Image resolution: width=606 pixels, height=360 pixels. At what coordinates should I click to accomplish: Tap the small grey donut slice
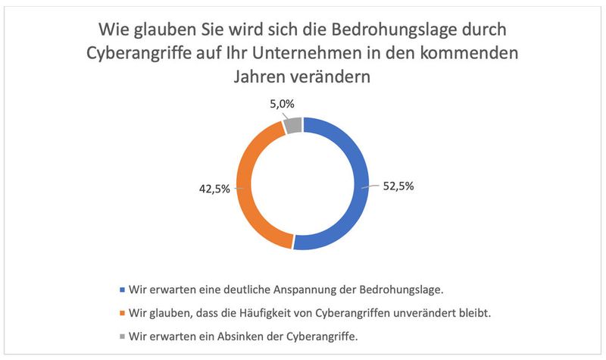point(294,124)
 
